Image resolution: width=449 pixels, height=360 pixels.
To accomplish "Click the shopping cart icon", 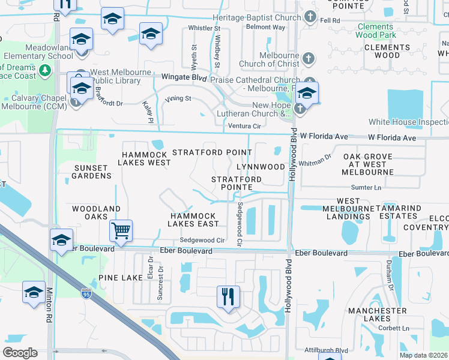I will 121,230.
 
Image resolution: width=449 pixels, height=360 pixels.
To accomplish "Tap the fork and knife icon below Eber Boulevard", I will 228,296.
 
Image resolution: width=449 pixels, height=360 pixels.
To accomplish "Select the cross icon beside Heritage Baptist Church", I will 310,17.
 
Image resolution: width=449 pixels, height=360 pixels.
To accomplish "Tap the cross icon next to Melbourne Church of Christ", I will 308,59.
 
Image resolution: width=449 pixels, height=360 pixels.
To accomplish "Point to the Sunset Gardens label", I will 92,172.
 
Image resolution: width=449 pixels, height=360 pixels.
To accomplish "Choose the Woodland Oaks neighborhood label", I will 97,213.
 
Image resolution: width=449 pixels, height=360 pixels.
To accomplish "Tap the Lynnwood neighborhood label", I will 261,166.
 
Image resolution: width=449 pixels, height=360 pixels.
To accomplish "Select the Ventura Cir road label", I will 245,126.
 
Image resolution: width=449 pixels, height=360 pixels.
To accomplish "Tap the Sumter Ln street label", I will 366,188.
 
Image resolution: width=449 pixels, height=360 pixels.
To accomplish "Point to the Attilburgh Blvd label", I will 324,350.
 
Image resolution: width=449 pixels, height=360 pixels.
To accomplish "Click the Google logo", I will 20,352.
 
